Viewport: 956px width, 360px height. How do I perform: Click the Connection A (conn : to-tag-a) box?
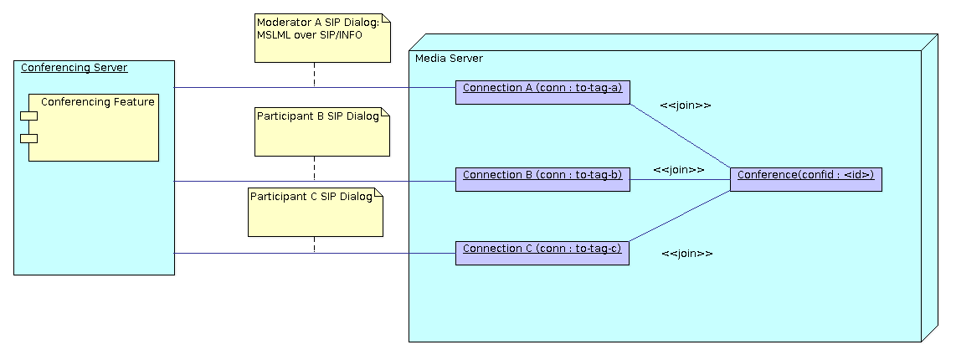pos(542,92)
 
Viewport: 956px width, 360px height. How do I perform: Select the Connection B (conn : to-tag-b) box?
pos(542,179)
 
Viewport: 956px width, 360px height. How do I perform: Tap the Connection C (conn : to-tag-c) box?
pos(542,253)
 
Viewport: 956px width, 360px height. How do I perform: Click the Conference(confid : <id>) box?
pos(805,179)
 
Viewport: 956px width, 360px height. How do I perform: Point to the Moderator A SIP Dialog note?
pos(323,39)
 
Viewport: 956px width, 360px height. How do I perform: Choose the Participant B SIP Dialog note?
pos(323,132)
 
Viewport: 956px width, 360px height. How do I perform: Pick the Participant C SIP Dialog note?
pos(316,213)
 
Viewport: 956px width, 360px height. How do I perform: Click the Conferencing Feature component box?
pos(94,127)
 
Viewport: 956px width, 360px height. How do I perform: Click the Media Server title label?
pos(449,58)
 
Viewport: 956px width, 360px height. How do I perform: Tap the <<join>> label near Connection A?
pos(685,105)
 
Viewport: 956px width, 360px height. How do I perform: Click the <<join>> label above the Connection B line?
pos(678,169)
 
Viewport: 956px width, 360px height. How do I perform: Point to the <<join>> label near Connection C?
pos(686,254)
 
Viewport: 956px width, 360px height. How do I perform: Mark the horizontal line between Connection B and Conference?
pos(680,179)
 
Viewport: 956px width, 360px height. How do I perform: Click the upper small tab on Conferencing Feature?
pos(29,116)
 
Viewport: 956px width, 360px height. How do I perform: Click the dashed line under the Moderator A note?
pos(315,75)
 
